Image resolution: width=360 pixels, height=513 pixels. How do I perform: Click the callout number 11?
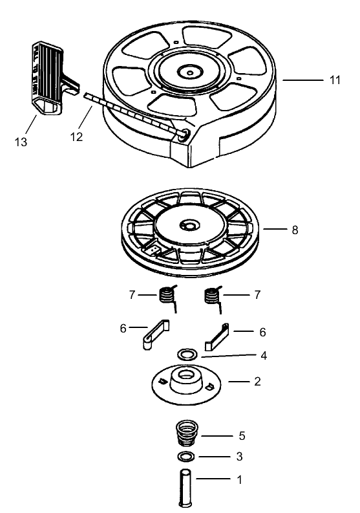coord(335,80)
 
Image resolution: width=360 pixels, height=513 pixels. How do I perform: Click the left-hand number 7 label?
coord(132,295)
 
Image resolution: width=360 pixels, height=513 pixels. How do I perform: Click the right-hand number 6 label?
coord(262,332)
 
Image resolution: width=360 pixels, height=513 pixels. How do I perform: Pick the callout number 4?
coord(264,355)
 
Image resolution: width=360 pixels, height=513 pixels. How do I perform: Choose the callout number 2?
coord(257,382)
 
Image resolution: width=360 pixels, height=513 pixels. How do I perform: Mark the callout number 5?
coord(241,435)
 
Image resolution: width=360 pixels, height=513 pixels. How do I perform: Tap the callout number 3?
coord(239,457)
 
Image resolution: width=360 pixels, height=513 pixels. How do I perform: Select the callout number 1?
coord(239,480)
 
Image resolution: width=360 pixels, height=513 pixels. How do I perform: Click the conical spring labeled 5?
coord(187,433)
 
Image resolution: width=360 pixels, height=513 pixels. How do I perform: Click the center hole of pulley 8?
coord(190,226)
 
